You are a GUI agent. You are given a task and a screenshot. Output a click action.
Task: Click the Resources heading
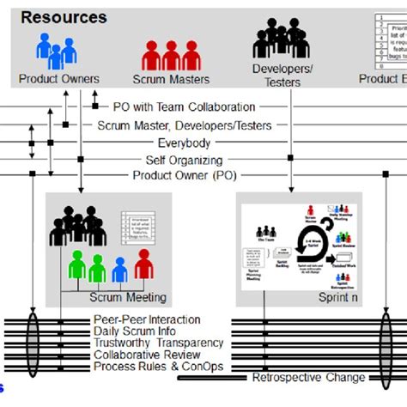coord(64,17)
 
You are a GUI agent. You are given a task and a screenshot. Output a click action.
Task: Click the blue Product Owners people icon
coord(55,52)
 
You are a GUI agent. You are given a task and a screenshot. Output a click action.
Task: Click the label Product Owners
coord(58,79)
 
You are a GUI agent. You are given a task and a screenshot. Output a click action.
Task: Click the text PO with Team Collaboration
coord(184,107)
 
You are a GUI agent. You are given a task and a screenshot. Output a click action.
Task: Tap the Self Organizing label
coord(184,160)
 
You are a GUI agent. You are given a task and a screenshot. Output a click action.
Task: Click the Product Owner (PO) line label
coord(184,176)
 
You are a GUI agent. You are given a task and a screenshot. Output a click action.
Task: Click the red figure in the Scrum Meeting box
coord(143,264)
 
